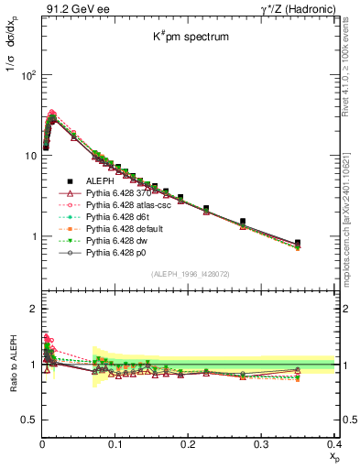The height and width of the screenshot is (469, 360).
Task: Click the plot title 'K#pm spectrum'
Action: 191,38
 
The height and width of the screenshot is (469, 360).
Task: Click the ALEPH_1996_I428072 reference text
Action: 191,274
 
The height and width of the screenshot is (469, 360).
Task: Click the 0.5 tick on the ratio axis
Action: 29,420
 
